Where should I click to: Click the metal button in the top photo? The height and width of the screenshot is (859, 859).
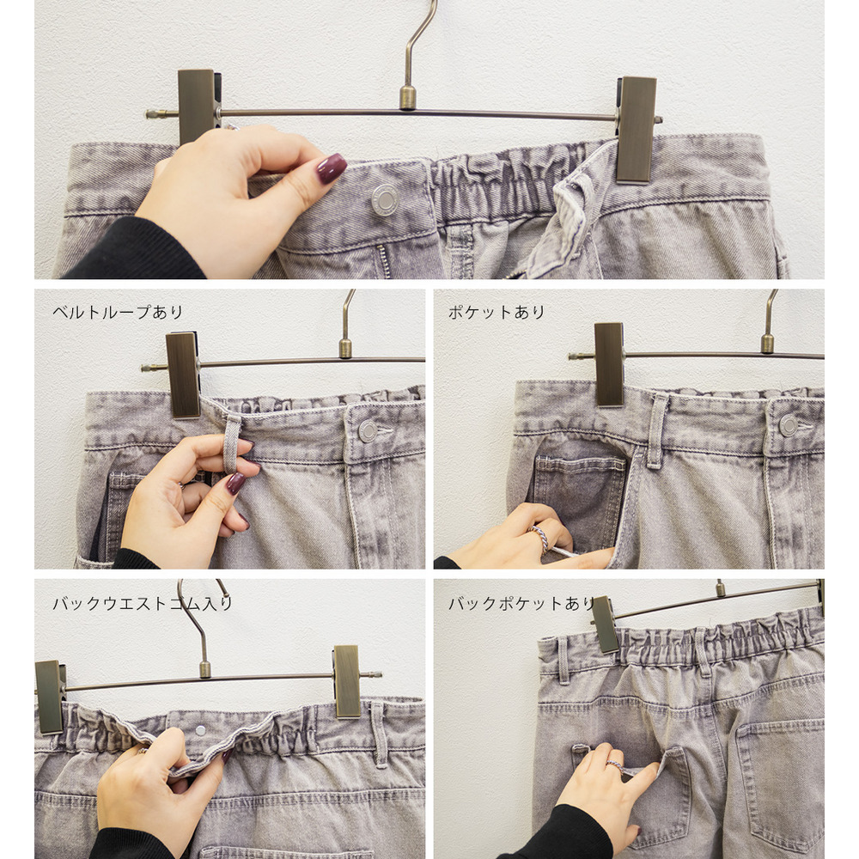click(x=385, y=199)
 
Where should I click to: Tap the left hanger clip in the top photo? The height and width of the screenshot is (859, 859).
click(x=197, y=107)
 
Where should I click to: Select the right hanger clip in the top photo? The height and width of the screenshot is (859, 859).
click(x=636, y=130)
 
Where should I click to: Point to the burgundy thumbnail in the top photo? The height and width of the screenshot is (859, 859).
click(x=332, y=168)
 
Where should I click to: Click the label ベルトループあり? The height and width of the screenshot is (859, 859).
click(x=118, y=313)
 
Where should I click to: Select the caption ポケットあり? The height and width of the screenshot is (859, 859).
click(x=497, y=313)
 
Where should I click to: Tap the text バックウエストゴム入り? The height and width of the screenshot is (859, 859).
click(x=143, y=603)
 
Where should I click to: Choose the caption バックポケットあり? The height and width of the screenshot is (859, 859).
click(x=521, y=603)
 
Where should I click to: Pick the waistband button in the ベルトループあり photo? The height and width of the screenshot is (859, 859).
click(x=368, y=431)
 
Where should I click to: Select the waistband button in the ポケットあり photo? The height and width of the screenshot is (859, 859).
click(x=789, y=425)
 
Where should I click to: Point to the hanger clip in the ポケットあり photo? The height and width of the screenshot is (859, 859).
click(x=609, y=364)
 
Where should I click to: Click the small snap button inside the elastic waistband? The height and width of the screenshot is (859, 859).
click(x=200, y=729)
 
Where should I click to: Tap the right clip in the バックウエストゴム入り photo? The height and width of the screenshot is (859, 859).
click(x=347, y=681)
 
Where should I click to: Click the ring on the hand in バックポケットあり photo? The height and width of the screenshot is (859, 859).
click(x=616, y=766)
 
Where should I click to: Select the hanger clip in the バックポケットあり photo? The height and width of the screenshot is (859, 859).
click(x=605, y=624)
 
